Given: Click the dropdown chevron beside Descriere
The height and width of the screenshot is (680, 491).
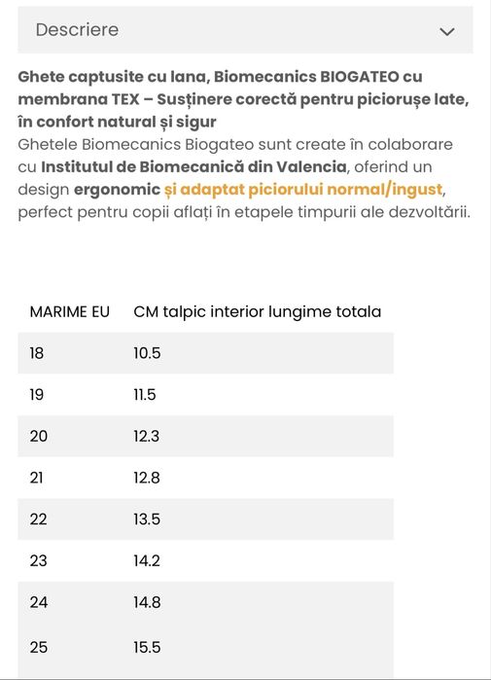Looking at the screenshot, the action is (x=446, y=31).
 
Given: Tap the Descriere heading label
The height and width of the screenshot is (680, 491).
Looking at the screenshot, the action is (x=77, y=30).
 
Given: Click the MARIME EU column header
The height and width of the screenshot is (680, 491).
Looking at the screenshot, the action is (x=70, y=312).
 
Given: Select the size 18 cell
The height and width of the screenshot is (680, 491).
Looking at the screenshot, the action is (x=37, y=353).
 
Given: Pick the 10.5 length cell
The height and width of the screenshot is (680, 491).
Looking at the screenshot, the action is (x=147, y=353).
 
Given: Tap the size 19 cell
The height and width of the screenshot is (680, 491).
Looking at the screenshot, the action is (x=38, y=395).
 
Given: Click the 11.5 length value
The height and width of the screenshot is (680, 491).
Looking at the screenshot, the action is (x=145, y=395).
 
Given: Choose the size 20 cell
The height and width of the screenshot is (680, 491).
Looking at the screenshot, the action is (x=39, y=436).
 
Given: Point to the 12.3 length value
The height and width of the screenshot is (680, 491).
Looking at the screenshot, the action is (x=147, y=436).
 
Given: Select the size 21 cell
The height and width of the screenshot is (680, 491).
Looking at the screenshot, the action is (x=38, y=478).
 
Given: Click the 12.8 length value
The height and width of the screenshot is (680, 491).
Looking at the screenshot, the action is (x=147, y=478).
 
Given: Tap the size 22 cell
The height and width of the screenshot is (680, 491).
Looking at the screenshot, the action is (x=39, y=519).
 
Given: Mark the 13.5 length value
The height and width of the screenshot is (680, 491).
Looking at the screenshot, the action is (x=147, y=519).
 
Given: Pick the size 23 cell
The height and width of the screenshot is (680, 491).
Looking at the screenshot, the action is (x=39, y=560).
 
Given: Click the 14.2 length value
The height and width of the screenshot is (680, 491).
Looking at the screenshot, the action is (x=147, y=560).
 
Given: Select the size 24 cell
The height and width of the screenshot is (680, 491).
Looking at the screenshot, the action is (x=39, y=602).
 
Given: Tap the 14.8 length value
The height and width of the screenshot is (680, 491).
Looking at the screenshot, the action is (x=147, y=602).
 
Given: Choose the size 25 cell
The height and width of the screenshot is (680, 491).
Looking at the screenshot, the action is (x=39, y=647).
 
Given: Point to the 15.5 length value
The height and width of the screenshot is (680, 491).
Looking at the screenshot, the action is (x=147, y=647).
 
